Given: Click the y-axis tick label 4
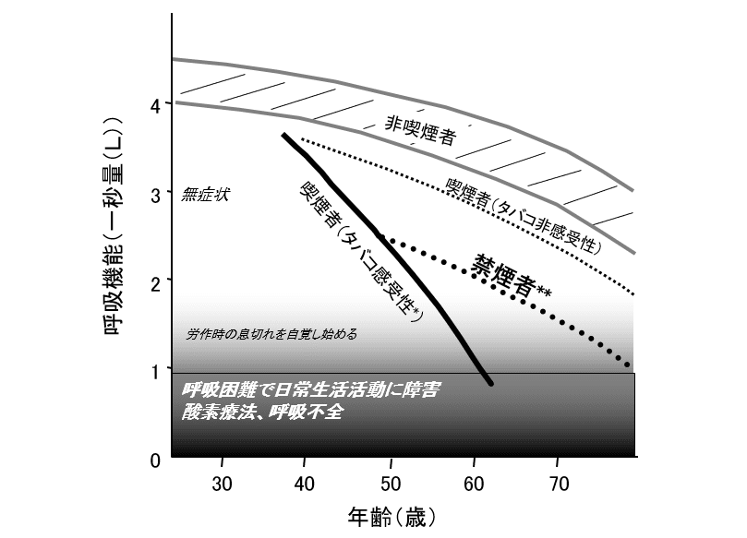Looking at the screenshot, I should [155, 105].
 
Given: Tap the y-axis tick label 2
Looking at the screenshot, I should [155, 281].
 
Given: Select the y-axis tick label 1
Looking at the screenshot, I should [155, 370].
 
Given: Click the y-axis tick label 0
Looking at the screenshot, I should [155, 459].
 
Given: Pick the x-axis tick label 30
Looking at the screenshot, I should [222, 483].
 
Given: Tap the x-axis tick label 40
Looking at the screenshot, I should [307, 483].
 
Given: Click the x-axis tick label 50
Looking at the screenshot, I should [391, 483].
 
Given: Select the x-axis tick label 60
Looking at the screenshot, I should [475, 483].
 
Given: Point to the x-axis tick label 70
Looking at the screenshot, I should [559, 483].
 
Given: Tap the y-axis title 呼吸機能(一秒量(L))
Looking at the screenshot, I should [114, 225].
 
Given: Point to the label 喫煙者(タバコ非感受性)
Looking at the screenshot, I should [523, 216].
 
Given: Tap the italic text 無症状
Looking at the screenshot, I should [205, 195].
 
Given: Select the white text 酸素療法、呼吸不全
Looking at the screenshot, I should [262, 412].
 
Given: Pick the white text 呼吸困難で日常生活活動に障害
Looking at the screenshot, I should [309, 390].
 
